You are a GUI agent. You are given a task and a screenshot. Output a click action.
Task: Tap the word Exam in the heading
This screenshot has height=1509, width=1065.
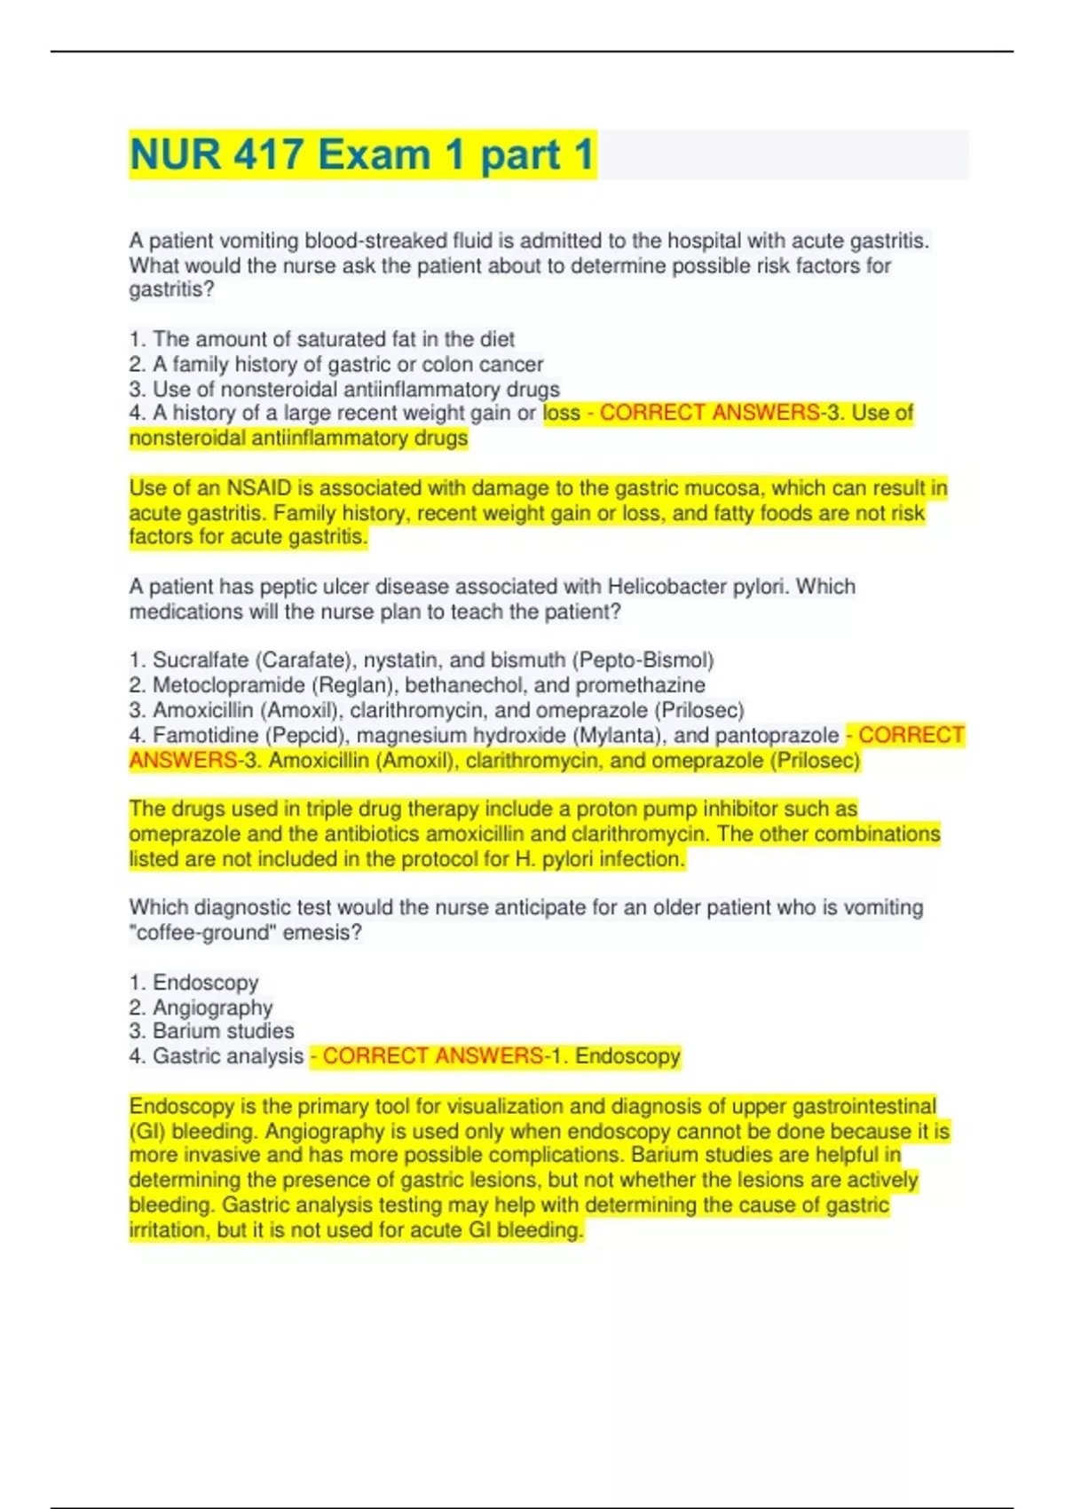pyautogui.click(x=374, y=154)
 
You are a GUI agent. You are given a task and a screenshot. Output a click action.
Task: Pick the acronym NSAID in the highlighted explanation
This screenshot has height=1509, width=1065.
pyautogui.click(x=258, y=488)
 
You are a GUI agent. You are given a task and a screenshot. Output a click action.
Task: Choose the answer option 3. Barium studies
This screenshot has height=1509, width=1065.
pyautogui.click(x=211, y=1031)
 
